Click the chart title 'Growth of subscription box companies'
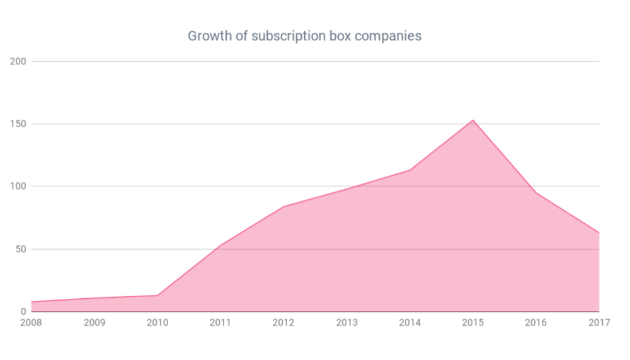pos(304,36)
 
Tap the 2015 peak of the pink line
pos(472,120)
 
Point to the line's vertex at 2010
pos(157,295)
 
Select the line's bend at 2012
pos(283,207)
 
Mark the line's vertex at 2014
pos(409,170)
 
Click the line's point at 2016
pos(535,193)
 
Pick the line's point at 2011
pos(220,245)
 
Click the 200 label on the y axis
pos(18,62)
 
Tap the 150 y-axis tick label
pos(18,124)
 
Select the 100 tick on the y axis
pos(18,187)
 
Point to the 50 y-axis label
pos(20,249)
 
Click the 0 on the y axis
pos(23,311)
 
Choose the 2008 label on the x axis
pos(31,323)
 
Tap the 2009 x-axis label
pos(94,323)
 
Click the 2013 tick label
pos(346,323)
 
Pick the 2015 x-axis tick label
pos(472,323)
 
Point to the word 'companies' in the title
pos(388,37)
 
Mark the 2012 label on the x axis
pos(283,323)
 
